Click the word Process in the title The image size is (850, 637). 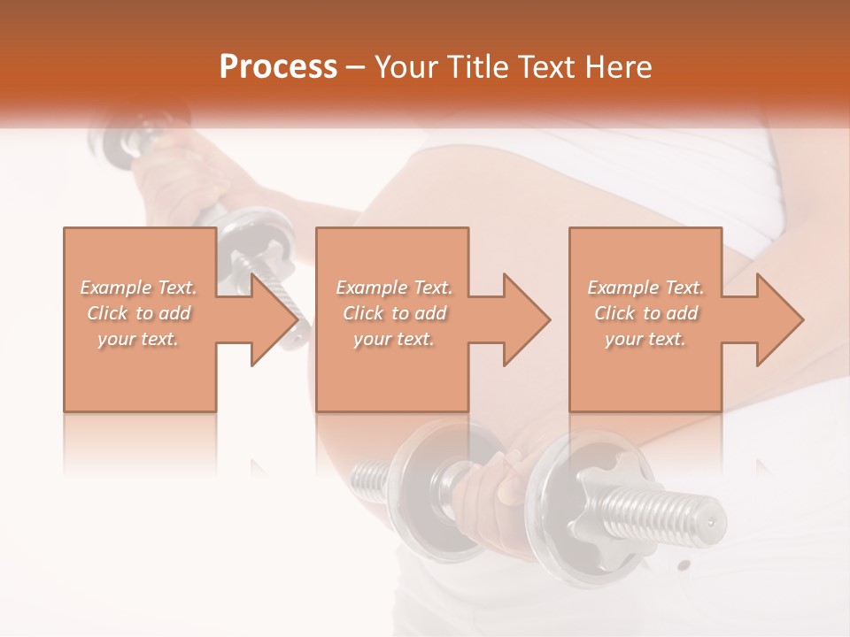pos(278,67)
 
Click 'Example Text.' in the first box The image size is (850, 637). pos(138,288)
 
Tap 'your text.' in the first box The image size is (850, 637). pos(138,339)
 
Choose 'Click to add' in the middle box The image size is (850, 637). pos(394,313)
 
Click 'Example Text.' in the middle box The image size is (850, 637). pos(394,288)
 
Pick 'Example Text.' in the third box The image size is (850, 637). pos(645,288)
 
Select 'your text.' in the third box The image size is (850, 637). pos(645,339)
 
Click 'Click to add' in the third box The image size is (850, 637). pos(645,313)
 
